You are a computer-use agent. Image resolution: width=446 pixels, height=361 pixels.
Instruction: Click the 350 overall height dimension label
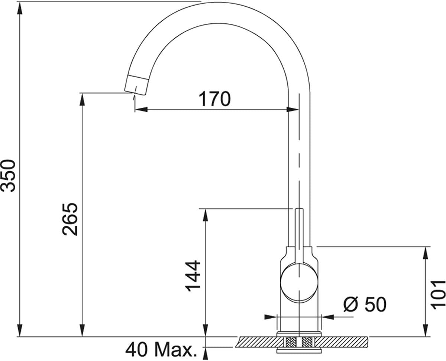pos(8,175)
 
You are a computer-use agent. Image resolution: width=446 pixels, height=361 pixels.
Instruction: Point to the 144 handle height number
pos(193,276)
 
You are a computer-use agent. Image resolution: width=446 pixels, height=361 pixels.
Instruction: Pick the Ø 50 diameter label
pos(365,304)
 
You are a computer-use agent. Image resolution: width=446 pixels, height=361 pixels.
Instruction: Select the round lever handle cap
pos(299,283)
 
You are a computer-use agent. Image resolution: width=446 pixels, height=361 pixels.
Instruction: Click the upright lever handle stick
pos(299,235)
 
